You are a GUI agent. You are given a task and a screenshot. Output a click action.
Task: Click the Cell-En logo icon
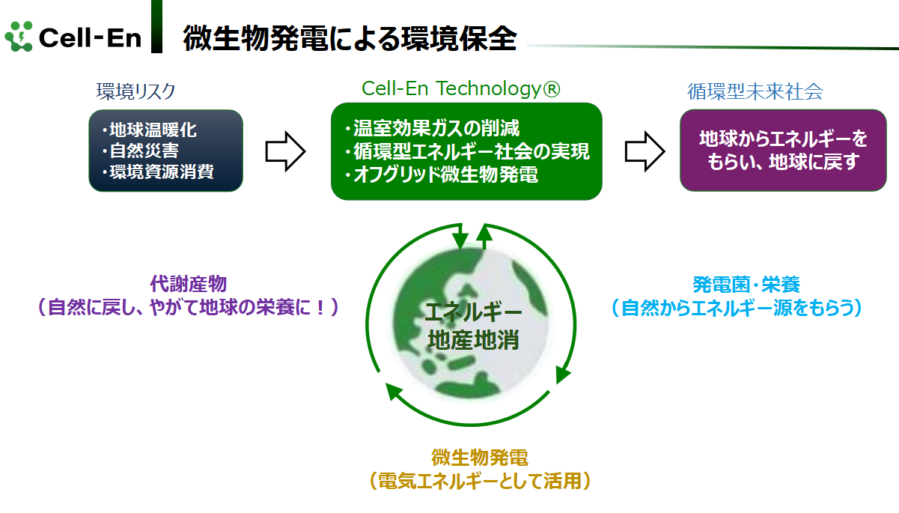click(x=19, y=36)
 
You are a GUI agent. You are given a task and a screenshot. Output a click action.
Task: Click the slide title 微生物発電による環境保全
click(x=350, y=38)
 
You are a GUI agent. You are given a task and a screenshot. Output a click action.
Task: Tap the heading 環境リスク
click(x=135, y=91)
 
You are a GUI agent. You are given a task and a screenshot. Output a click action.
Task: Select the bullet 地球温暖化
click(x=149, y=130)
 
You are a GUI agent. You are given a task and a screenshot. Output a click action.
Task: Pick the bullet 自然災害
click(x=141, y=151)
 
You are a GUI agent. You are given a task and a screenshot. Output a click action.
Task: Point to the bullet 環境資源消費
click(x=158, y=171)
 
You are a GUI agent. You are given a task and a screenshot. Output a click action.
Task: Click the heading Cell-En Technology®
click(x=461, y=88)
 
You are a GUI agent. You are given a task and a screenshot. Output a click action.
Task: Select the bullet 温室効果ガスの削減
click(x=432, y=128)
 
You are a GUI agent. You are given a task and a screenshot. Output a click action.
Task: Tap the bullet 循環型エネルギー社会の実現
click(x=468, y=151)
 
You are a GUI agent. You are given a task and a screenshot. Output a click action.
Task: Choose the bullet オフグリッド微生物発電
click(x=442, y=174)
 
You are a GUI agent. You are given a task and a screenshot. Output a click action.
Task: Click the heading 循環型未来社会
click(x=755, y=91)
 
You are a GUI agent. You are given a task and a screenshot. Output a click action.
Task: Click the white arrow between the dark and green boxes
click(x=286, y=151)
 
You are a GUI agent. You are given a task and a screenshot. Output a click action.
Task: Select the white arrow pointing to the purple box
click(x=645, y=151)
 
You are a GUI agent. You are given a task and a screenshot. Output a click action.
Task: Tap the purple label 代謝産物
click(x=188, y=284)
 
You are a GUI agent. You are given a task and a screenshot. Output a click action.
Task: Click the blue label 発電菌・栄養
click(x=746, y=285)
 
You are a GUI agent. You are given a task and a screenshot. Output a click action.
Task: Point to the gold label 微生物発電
click(x=480, y=458)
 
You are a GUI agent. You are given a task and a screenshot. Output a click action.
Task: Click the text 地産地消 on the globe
click(x=474, y=339)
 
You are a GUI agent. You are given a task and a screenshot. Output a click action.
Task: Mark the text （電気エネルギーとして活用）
click(x=480, y=481)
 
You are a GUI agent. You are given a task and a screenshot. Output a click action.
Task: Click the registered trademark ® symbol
click(x=551, y=88)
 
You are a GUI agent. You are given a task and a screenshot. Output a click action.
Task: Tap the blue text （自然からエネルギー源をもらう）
click(x=737, y=309)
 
